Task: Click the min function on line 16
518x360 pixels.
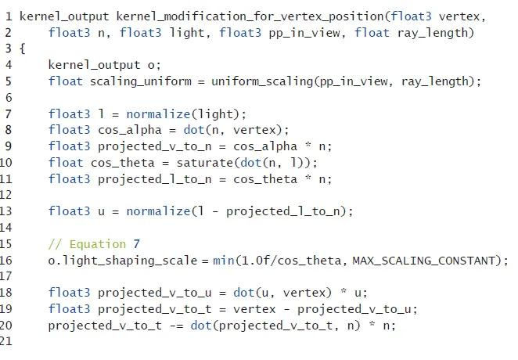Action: click(222, 260)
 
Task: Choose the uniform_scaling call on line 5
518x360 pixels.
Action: click(254, 81)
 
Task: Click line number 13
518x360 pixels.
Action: click(8, 211)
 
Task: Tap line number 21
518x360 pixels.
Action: click(8, 341)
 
